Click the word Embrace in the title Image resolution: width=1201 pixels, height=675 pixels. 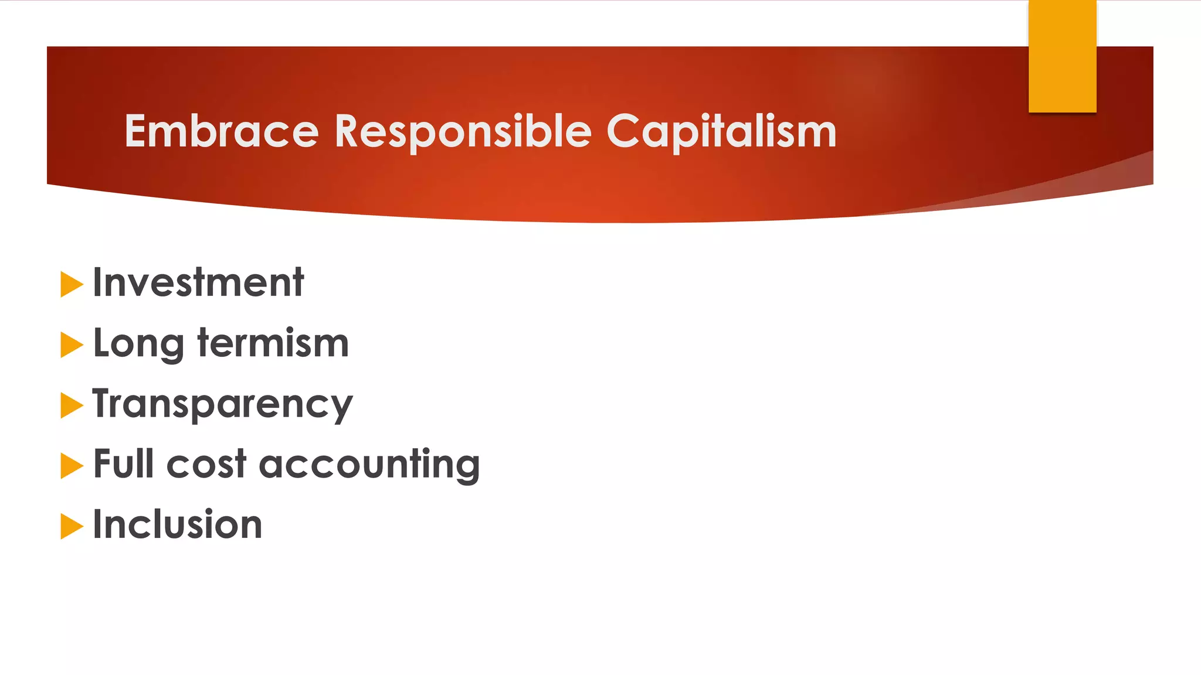click(222, 131)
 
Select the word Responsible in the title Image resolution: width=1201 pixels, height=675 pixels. click(463, 131)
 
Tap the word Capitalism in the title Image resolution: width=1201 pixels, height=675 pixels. click(721, 131)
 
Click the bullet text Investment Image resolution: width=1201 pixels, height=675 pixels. click(198, 283)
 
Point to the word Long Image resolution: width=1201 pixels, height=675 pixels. click(138, 344)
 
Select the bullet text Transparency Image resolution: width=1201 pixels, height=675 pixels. click(222, 404)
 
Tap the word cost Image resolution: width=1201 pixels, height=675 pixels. click(206, 465)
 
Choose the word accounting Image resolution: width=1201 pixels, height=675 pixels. click(369, 465)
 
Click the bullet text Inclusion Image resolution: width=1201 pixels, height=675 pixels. click(178, 524)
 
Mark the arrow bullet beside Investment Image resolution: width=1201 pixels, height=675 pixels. click(71, 285)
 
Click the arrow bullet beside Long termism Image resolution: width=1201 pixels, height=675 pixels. click(71, 345)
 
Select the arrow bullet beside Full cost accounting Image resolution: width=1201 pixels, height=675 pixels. click(71, 466)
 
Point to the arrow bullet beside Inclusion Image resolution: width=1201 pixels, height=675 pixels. click(71, 527)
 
